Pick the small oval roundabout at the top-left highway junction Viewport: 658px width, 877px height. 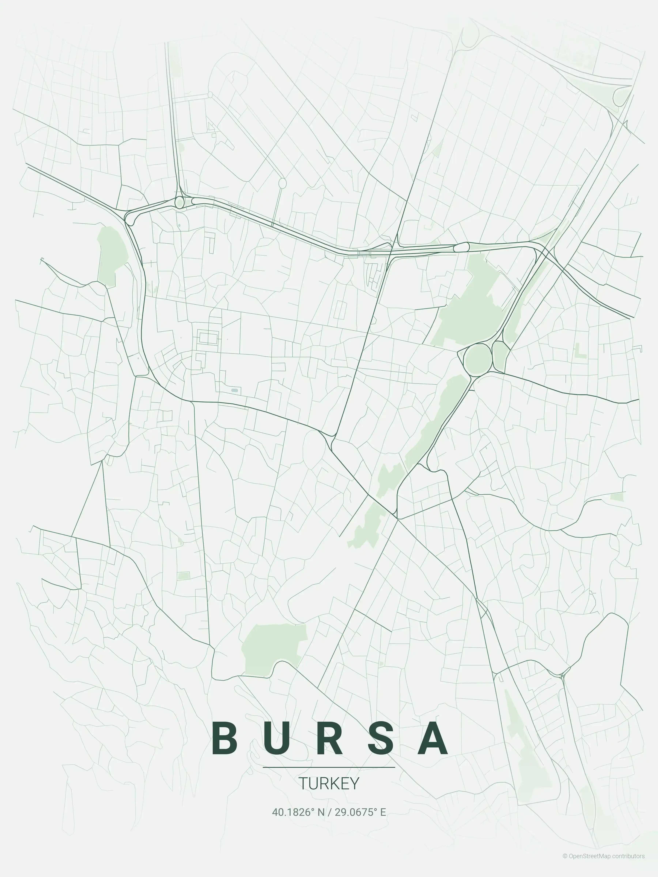[x=179, y=202]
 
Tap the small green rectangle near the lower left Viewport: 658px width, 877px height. [x=183, y=576]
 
